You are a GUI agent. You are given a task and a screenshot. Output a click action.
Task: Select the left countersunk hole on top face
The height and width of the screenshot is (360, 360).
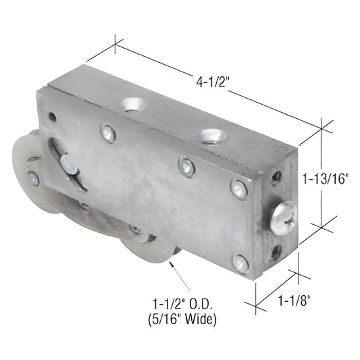133,105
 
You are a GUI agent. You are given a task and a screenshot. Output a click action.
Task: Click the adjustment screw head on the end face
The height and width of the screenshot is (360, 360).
283,217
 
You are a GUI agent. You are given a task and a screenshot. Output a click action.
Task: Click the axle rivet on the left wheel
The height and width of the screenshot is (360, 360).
33,178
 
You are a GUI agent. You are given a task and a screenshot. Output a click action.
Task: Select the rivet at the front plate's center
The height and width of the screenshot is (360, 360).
187,167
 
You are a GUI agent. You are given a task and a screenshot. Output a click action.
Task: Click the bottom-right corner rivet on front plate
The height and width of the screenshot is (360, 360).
240,263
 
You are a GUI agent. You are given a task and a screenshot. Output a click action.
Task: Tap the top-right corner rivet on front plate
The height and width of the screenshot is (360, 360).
238,189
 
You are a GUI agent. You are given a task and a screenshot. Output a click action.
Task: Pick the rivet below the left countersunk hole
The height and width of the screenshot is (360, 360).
107,132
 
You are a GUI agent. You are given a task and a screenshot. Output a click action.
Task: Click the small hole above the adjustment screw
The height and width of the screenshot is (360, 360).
277,178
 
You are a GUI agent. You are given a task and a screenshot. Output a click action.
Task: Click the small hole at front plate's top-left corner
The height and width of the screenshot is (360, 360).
52,117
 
